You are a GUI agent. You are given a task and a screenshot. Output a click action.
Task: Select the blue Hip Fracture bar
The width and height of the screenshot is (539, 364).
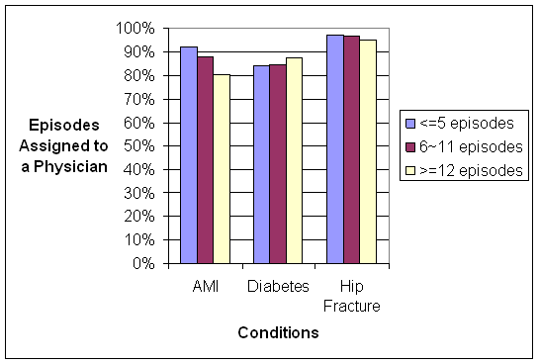(x=335, y=149)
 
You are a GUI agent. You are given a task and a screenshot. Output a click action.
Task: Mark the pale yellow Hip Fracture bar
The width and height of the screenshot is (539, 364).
(x=367, y=152)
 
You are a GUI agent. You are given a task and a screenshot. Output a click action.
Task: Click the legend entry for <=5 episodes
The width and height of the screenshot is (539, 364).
(x=459, y=124)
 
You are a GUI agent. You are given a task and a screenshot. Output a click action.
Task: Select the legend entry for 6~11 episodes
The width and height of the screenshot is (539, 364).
(x=461, y=146)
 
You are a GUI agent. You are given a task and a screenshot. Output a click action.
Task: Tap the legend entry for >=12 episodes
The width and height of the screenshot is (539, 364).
(x=461, y=169)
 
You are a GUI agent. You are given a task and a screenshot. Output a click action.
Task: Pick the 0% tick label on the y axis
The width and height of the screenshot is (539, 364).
(x=142, y=264)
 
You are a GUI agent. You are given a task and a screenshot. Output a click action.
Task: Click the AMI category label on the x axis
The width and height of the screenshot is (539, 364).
(x=205, y=286)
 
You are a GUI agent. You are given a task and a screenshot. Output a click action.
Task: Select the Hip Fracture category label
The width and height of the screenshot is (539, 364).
(x=351, y=294)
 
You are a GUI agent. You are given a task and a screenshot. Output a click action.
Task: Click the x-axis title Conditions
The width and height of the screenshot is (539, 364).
(x=278, y=333)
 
